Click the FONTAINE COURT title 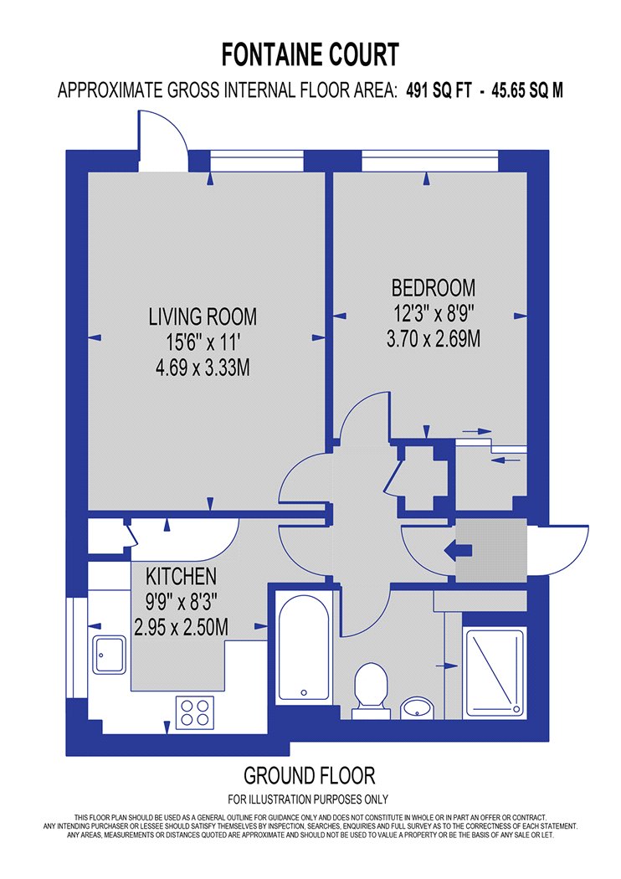tap(310, 55)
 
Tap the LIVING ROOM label tap(203, 316)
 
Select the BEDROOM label tap(434, 288)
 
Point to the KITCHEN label tap(181, 576)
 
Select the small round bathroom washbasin tap(418, 707)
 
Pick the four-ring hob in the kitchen tap(195, 712)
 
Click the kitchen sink tap(110, 654)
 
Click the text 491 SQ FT tap(439, 90)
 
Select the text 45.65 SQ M tap(526, 90)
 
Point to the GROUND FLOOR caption tap(310, 776)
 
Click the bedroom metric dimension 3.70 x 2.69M tap(434, 338)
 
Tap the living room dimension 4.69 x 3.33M tap(203, 368)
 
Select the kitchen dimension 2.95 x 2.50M tap(181, 627)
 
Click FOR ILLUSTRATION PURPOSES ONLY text tap(308, 799)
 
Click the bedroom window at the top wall tap(430, 161)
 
